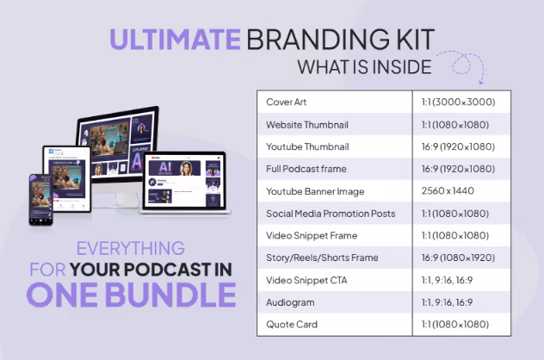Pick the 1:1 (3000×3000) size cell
(x=458, y=102)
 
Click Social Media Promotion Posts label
(x=329, y=213)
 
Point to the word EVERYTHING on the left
(x=132, y=249)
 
